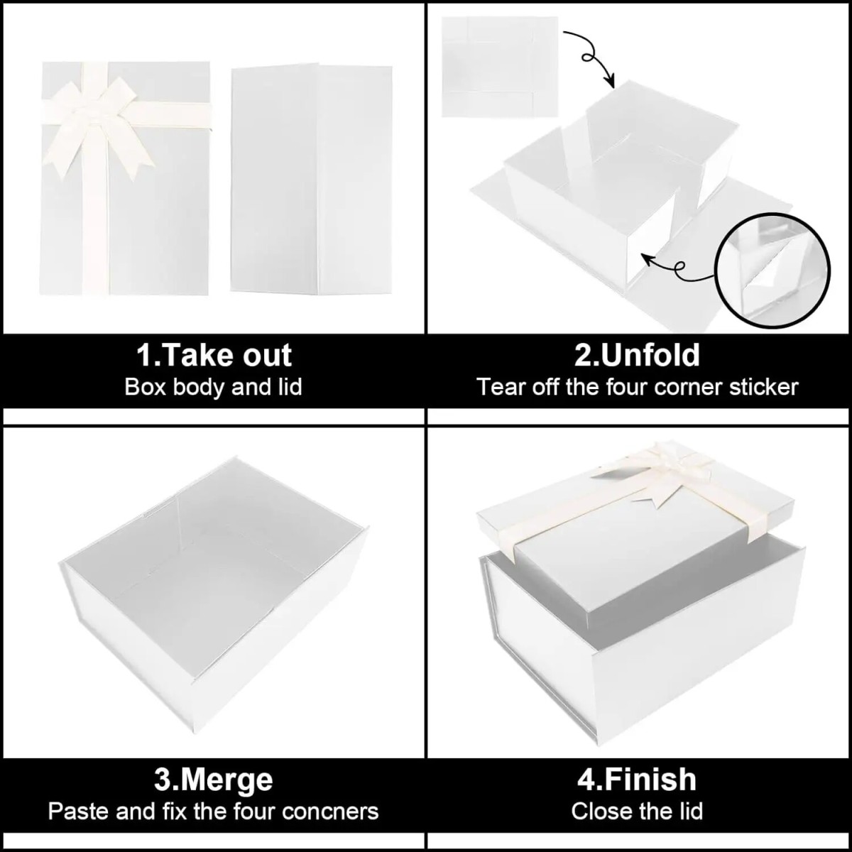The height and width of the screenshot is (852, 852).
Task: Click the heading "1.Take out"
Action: tap(214, 355)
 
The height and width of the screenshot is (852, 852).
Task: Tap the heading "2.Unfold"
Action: tap(637, 355)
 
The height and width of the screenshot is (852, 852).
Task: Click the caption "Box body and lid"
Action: tap(213, 387)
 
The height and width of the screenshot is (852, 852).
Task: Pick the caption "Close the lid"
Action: tap(637, 812)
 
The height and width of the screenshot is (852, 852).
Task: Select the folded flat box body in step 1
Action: tap(311, 178)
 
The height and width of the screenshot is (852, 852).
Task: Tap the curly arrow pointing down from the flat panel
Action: tap(592, 58)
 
